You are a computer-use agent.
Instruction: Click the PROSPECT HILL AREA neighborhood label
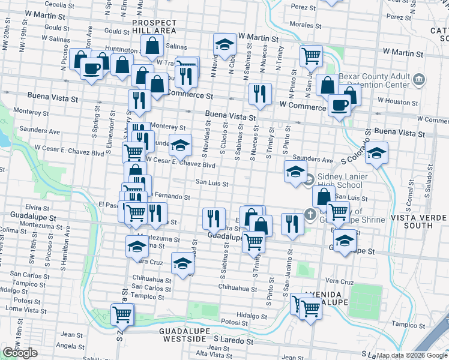click(x=154, y=26)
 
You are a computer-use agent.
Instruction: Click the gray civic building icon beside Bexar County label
click(x=420, y=79)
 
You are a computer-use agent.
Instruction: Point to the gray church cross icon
click(x=310, y=214)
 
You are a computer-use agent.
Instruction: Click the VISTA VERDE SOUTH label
click(x=419, y=221)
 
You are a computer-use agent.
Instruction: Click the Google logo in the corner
click(x=20, y=353)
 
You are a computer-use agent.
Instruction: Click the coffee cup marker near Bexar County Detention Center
click(x=339, y=106)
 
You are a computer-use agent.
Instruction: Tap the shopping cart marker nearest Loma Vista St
click(x=122, y=313)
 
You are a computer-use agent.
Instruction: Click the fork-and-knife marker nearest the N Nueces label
click(x=259, y=93)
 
